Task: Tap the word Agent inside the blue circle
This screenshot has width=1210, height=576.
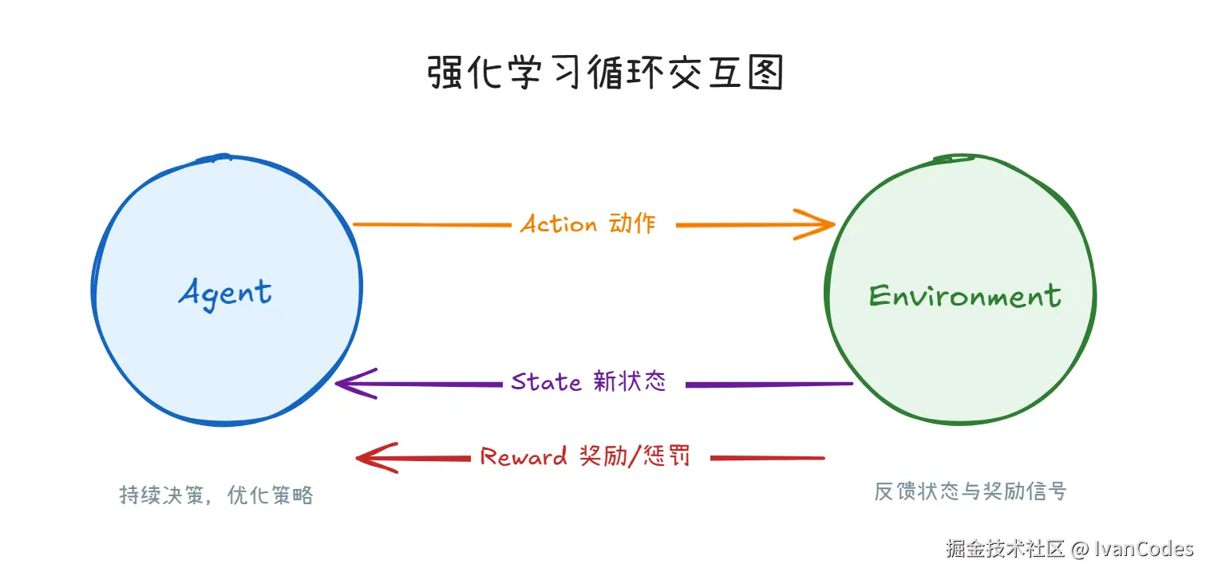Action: click(x=225, y=293)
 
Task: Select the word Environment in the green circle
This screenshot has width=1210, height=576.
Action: click(x=965, y=296)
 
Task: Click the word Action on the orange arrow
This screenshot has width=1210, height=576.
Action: click(x=559, y=224)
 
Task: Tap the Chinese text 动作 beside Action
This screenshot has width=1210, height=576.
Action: click(x=632, y=223)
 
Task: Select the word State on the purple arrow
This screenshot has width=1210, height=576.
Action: click(x=546, y=382)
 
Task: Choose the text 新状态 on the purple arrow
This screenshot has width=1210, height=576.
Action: click(x=629, y=381)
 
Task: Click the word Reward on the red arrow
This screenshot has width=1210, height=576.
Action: click(x=524, y=457)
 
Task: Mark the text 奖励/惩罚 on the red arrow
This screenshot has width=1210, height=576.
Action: click(x=634, y=456)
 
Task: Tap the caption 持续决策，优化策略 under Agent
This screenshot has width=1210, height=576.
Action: click(x=216, y=495)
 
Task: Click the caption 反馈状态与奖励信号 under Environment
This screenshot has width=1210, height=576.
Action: click(x=970, y=491)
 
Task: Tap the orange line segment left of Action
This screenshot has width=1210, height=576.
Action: click(x=431, y=225)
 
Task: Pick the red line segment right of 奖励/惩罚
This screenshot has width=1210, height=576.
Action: click(x=767, y=458)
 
